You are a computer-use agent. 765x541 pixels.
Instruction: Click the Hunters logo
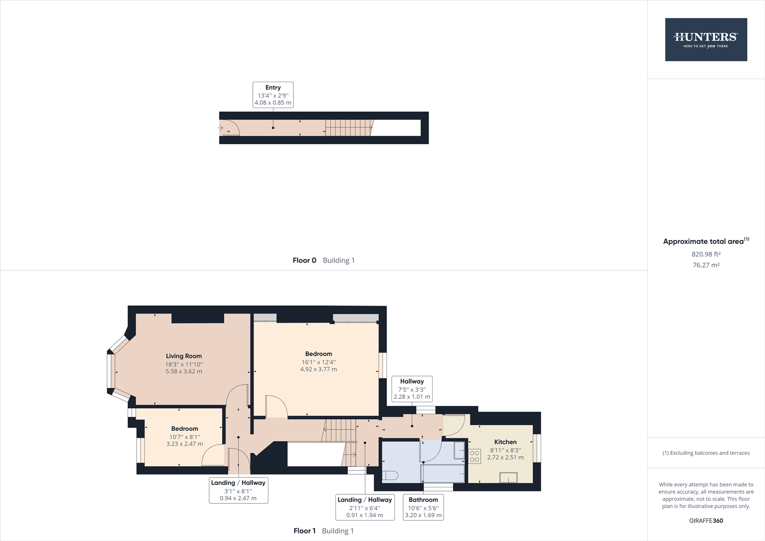pyautogui.click(x=705, y=40)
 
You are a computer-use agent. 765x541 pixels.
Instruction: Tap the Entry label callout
pyautogui.click(x=273, y=95)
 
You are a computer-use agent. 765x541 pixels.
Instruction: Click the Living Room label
pyautogui.click(x=184, y=356)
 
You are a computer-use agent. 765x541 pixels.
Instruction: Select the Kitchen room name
pyautogui.click(x=505, y=442)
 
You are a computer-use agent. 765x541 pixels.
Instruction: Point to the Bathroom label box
pyautogui.click(x=423, y=507)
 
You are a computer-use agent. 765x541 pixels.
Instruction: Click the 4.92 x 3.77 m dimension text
pyautogui.click(x=318, y=369)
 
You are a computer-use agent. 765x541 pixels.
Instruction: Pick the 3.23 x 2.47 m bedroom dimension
pyautogui.click(x=185, y=444)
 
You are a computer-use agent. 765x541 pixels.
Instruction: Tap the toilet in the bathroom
pyautogui.click(x=390, y=474)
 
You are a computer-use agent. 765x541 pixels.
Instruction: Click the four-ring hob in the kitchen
pyautogui.click(x=475, y=456)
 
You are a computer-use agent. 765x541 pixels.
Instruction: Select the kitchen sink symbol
pyautogui.click(x=508, y=477)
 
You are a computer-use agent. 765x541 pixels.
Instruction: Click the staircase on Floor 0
pyautogui.click(x=348, y=128)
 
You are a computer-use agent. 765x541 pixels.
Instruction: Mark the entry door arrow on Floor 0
pyautogui.click(x=221, y=128)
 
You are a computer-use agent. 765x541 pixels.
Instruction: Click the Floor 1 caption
pyautogui.click(x=304, y=531)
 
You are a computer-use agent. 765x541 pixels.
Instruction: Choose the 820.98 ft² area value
pyautogui.click(x=706, y=254)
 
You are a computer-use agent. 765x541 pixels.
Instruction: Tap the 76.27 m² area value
pyautogui.click(x=706, y=265)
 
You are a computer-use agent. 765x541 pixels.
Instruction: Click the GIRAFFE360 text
pyautogui.click(x=706, y=520)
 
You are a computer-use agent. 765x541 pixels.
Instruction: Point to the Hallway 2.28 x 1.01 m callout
pyautogui.click(x=412, y=389)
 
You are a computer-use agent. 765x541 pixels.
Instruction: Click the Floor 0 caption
pyautogui.click(x=304, y=260)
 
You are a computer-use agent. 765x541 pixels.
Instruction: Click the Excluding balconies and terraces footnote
pyautogui.click(x=706, y=453)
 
